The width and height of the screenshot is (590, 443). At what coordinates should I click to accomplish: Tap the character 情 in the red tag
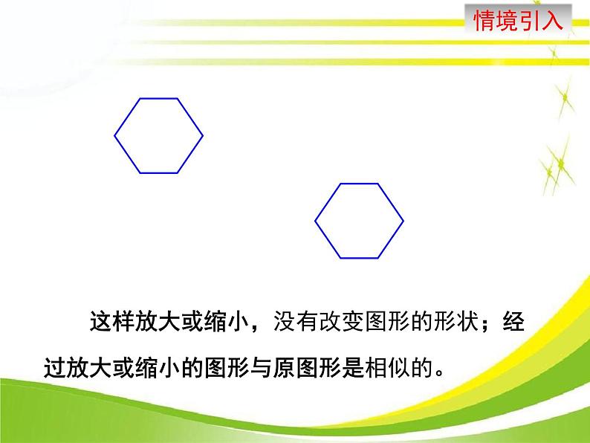(484, 19)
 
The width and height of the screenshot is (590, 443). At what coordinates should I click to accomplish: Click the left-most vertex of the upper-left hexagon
(114, 135)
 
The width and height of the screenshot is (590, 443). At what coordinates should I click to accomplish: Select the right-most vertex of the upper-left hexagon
(202, 135)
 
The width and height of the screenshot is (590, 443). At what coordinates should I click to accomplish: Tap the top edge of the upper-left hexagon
(158, 98)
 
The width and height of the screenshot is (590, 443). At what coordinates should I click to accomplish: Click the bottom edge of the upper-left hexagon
(158, 173)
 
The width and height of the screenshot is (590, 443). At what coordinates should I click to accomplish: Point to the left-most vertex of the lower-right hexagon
(316, 221)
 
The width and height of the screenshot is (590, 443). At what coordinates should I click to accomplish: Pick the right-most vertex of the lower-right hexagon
(403, 221)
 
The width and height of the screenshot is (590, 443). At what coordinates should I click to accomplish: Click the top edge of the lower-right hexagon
(360, 184)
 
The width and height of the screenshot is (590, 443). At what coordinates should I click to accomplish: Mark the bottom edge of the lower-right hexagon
(360, 259)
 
